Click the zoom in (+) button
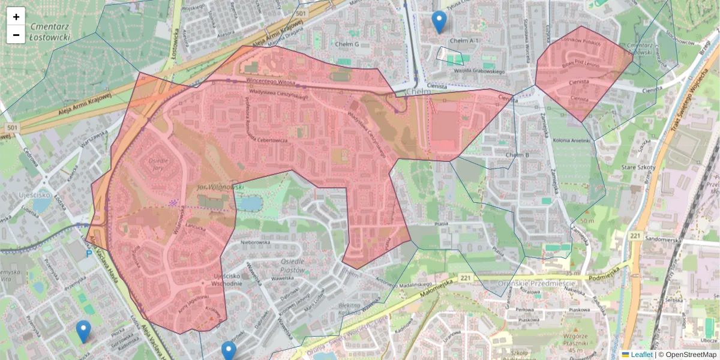(x=16, y=17)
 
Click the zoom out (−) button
(x=16, y=35)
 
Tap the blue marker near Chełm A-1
(x=439, y=22)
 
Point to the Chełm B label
(x=518, y=155)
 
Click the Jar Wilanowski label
(x=220, y=188)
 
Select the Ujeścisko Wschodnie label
(x=227, y=280)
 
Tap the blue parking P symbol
(x=90, y=254)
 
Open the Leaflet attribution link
(x=641, y=355)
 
